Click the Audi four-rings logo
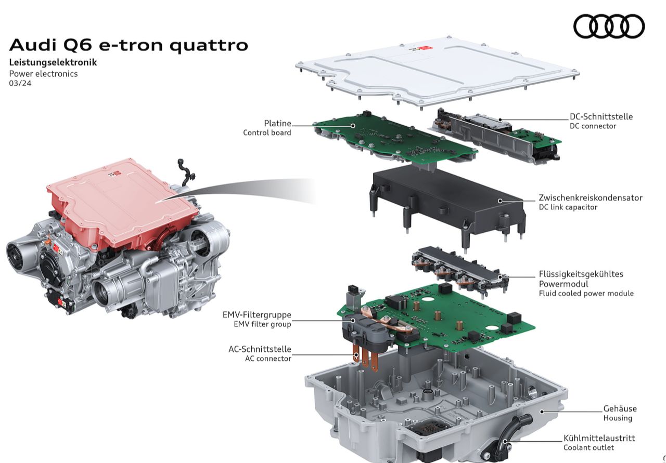click(x=609, y=26)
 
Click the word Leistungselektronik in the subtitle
click(x=53, y=62)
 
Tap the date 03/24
click(x=20, y=83)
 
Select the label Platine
click(x=277, y=123)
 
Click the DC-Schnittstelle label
click(x=601, y=116)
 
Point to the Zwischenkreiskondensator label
click(x=591, y=197)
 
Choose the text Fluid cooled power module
click(x=586, y=294)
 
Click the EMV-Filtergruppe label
click(x=257, y=314)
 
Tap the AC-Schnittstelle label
click(x=260, y=349)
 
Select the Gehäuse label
click(x=620, y=408)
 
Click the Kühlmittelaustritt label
click(x=599, y=438)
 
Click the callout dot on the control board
click(x=353, y=126)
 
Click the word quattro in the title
click(x=209, y=45)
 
